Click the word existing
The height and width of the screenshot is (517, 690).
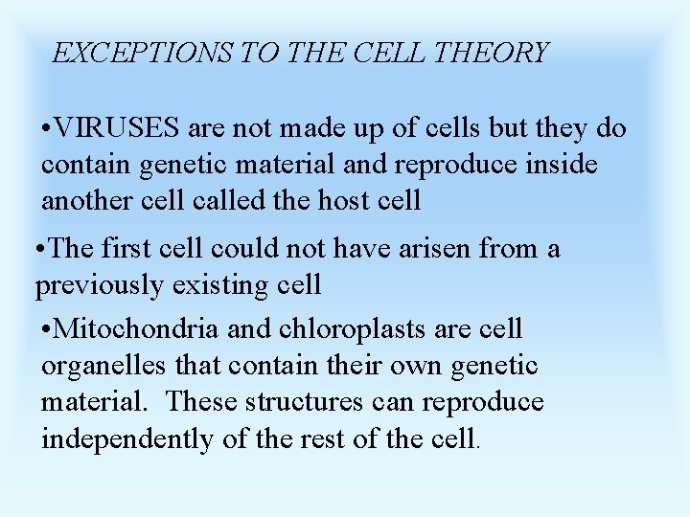point(230,285)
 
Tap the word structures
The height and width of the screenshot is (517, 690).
point(301,401)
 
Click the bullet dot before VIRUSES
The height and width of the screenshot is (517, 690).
point(47,129)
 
